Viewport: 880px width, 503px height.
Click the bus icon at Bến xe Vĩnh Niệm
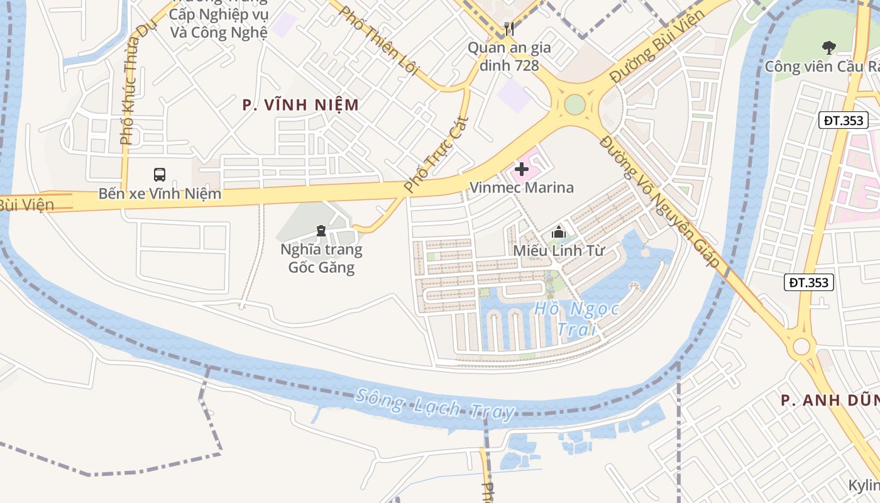[x=160, y=174]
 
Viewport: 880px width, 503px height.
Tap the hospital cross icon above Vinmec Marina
[x=521, y=169]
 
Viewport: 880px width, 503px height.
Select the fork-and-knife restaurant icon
[x=509, y=28]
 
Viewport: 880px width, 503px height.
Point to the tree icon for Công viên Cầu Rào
[x=829, y=47]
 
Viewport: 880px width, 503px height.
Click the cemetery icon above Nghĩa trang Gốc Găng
[x=321, y=231]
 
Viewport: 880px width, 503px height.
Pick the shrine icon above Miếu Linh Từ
[x=558, y=233]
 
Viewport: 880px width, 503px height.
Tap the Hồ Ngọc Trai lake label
[x=576, y=319]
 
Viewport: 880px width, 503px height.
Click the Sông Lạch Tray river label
[x=435, y=403]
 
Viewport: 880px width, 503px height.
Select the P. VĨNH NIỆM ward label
[x=300, y=105]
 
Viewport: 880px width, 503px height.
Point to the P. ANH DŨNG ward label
[x=830, y=399]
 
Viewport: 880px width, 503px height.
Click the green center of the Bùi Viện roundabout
[x=575, y=104]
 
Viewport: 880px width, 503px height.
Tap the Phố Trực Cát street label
[x=436, y=154]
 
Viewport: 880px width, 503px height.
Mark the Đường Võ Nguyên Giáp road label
[x=659, y=201]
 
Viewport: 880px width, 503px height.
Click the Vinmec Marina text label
[x=522, y=187]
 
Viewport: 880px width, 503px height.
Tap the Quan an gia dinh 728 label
[x=509, y=56]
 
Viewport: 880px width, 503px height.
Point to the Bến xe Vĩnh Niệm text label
[x=160, y=193]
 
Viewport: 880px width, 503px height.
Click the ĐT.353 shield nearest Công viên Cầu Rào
[x=843, y=120]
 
